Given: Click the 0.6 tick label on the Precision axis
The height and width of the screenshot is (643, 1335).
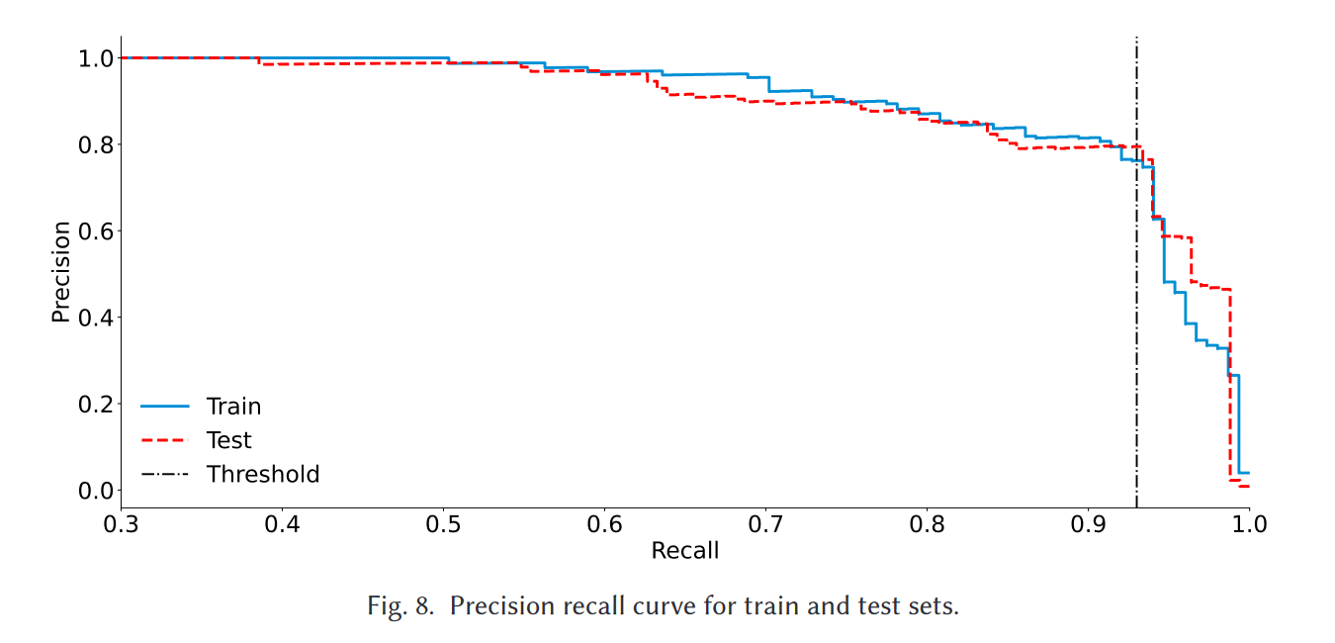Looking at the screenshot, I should click(94, 230).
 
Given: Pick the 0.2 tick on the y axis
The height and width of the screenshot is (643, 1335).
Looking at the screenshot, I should click(94, 404).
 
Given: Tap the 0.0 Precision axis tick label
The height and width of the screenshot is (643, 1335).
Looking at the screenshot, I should click(94, 491).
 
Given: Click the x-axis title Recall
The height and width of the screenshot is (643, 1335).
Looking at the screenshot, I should click(684, 551).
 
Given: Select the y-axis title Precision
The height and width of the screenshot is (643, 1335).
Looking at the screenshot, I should click(61, 272).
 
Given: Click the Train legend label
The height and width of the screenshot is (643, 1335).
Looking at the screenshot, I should click(233, 407).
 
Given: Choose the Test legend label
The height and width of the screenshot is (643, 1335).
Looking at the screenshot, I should click(228, 440).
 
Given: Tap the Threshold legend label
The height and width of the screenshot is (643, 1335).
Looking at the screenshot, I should click(263, 475).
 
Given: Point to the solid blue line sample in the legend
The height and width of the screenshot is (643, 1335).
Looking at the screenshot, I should click(165, 407).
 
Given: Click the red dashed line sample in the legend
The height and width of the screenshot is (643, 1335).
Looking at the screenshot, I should click(165, 440).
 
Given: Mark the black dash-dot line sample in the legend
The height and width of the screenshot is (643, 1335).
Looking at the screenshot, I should click(165, 475).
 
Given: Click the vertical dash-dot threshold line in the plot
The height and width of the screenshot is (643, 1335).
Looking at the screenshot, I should click(1136, 297).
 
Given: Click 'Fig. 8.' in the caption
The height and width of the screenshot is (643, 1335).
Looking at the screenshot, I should click(400, 605).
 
